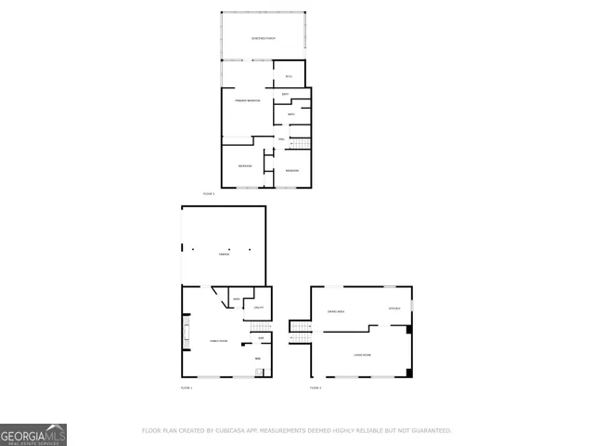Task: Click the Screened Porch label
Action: (264, 38)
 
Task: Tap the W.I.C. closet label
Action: (289, 76)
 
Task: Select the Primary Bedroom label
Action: (247, 99)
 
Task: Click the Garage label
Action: (223, 254)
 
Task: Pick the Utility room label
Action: (260, 308)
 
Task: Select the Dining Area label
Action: (336, 310)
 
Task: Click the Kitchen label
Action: (394, 308)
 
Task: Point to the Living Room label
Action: (362, 354)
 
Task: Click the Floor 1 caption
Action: (186, 387)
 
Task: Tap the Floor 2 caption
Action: (316, 387)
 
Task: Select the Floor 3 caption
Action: (209, 193)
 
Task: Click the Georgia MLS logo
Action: (32, 434)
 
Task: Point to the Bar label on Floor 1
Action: (257, 358)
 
